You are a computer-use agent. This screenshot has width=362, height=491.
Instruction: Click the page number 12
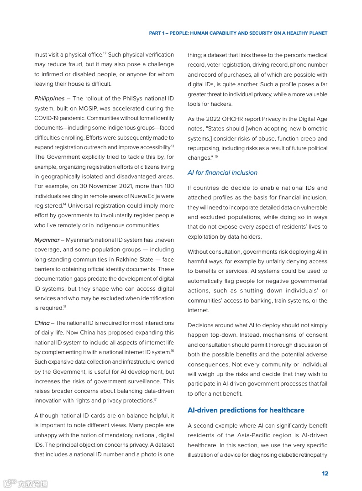(x=325, y=474)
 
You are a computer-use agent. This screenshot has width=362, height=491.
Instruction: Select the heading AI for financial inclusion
(x=222, y=172)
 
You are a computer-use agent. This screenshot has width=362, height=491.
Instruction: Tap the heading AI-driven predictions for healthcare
(x=246, y=410)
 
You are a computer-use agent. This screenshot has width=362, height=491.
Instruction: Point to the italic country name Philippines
(x=49, y=99)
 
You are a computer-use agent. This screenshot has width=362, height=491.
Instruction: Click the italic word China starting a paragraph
(x=42, y=323)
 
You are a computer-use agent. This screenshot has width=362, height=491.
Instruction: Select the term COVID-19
(x=48, y=118)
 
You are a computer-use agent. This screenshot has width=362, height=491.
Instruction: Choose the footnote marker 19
(x=216, y=157)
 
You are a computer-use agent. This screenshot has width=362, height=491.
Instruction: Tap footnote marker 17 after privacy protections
(x=155, y=400)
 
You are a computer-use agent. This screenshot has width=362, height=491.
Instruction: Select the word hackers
(x=222, y=104)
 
